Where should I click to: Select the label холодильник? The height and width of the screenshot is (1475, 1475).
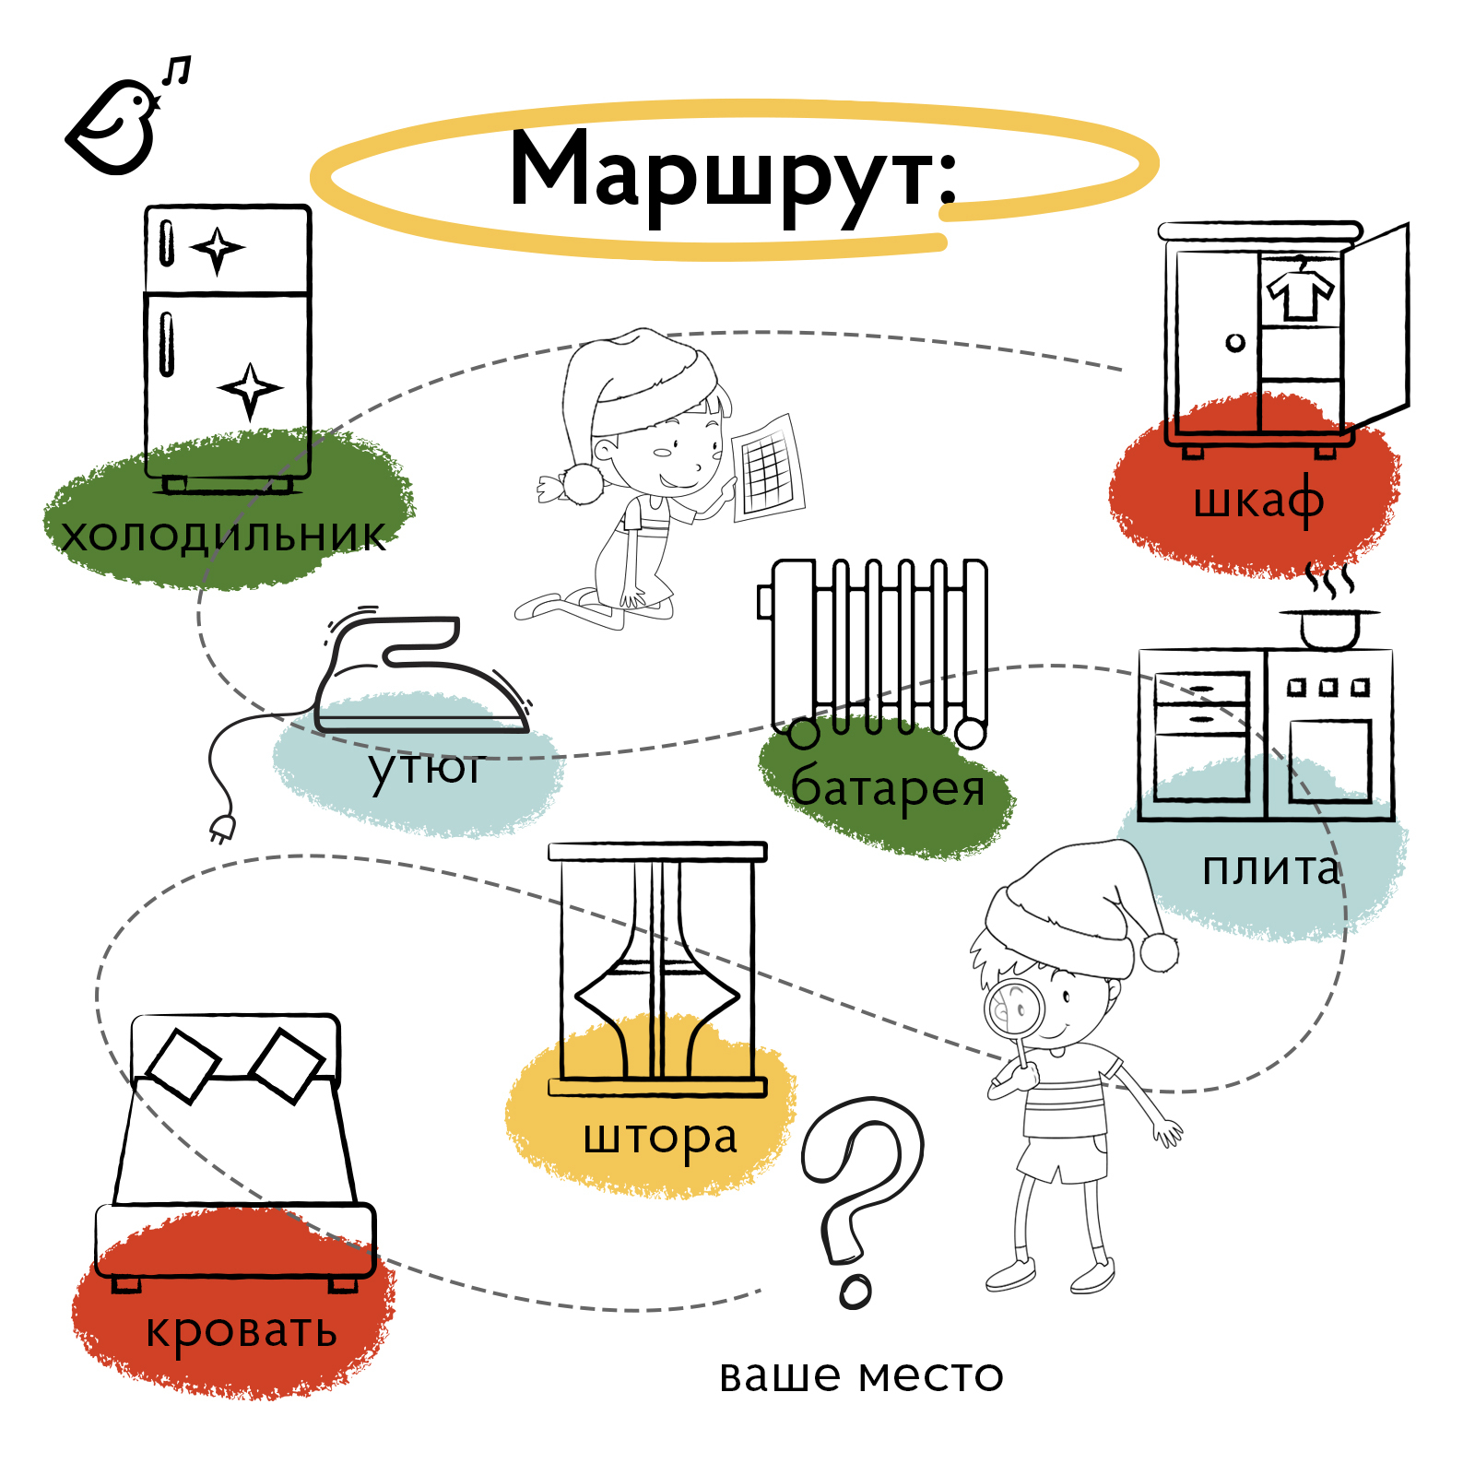pyautogui.click(x=224, y=536)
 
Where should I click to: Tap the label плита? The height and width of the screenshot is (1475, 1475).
pyautogui.click(x=1271, y=869)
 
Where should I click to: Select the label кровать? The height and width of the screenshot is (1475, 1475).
pyautogui.click(x=242, y=1331)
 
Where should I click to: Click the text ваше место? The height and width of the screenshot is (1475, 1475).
pyautogui.click(x=861, y=1376)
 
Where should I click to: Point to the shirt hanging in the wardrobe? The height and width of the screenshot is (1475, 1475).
pyautogui.click(x=1301, y=288)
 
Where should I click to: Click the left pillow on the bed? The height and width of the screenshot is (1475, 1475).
pyautogui.click(x=183, y=1064)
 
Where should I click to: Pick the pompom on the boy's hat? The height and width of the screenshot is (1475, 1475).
pyautogui.click(x=1159, y=951)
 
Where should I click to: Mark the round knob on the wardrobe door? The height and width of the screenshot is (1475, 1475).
pyautogui.click(x=1235, y=343)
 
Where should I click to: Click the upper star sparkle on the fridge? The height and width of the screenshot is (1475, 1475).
pyautogui.click(x=218, y=249)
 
